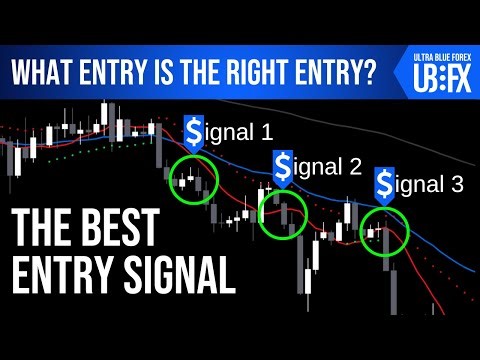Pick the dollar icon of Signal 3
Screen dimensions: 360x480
point(384,184)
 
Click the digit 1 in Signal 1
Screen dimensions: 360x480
point(264,130)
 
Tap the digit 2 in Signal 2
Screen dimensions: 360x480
point(355,166)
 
